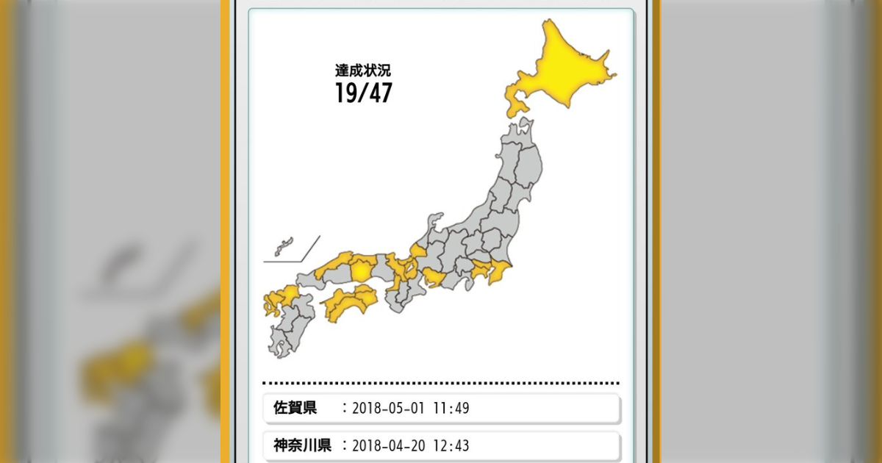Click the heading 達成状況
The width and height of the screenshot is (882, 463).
[x=363, y=71]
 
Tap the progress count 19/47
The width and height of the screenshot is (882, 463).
[x=363, y=93]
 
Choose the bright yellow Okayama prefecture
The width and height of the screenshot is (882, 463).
[x=362, y=270]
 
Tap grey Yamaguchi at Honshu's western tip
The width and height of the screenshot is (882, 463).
[x=309, y=279]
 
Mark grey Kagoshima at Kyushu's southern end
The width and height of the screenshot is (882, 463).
[x=281, y=342]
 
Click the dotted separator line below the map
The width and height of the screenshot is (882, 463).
[x=441, y=383]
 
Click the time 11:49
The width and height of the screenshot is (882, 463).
[x=452, y=408]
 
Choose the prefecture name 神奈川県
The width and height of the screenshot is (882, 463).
[x=301, y=445]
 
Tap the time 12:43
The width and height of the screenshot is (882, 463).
[x=452, y=445]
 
